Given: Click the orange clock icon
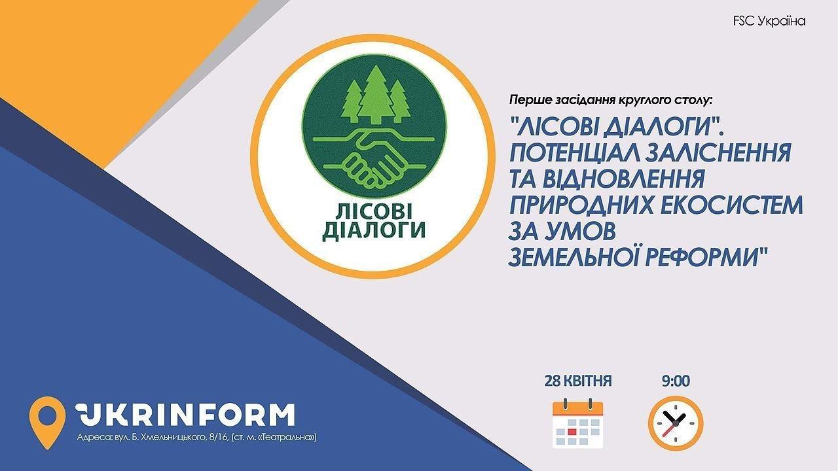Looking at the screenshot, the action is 676,423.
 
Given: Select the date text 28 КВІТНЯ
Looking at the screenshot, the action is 577,381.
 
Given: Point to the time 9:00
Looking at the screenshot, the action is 676,381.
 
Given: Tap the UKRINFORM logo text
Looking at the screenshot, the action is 185,415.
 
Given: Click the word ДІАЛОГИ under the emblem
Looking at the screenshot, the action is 374,230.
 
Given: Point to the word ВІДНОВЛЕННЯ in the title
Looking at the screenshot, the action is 625,179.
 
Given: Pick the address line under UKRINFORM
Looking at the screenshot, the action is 197,437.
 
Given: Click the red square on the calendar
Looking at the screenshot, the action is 572,432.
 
